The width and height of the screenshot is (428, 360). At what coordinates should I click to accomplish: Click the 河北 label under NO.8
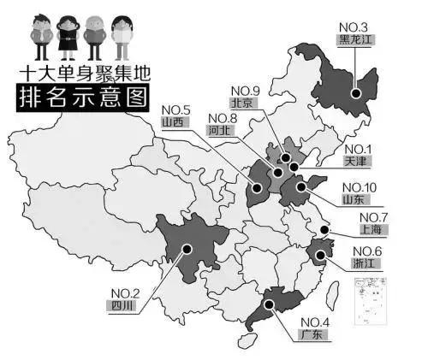[x=219, y=133]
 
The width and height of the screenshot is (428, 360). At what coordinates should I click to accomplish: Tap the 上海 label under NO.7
[x=372, y=230]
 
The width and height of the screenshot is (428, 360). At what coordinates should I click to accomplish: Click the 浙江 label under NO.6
[x=366, y=264]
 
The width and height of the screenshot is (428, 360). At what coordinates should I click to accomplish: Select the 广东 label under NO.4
[x=313, y=334]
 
